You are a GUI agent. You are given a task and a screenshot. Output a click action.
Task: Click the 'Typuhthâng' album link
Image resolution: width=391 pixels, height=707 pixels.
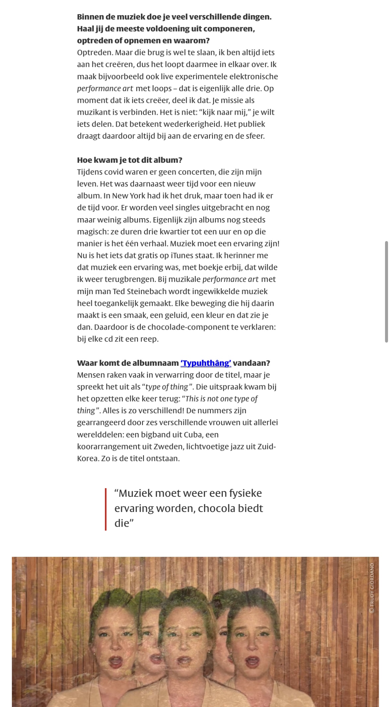point(206,363)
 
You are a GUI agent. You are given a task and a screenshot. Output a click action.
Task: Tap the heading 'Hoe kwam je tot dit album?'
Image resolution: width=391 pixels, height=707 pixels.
point(130,160)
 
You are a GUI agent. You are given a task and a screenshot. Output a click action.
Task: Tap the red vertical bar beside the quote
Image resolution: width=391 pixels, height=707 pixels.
point(105,509)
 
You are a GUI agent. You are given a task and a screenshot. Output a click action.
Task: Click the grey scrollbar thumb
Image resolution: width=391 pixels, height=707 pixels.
point(386,292)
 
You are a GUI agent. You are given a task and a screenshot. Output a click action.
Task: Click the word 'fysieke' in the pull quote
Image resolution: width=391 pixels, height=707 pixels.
point(245,493)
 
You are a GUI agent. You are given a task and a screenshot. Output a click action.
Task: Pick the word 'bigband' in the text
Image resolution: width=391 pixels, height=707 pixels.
point(155,434)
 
